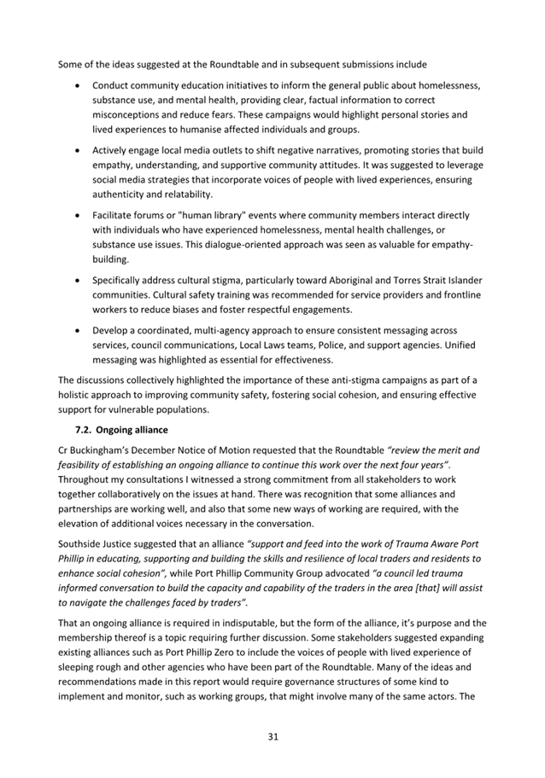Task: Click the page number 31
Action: (x=272, y=736)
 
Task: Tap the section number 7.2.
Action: (x=85, y=428)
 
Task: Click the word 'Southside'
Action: (x=84, y=543)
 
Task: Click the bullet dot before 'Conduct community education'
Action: (x=79, y=87)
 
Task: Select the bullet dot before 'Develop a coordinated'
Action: (x=79, y=330)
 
